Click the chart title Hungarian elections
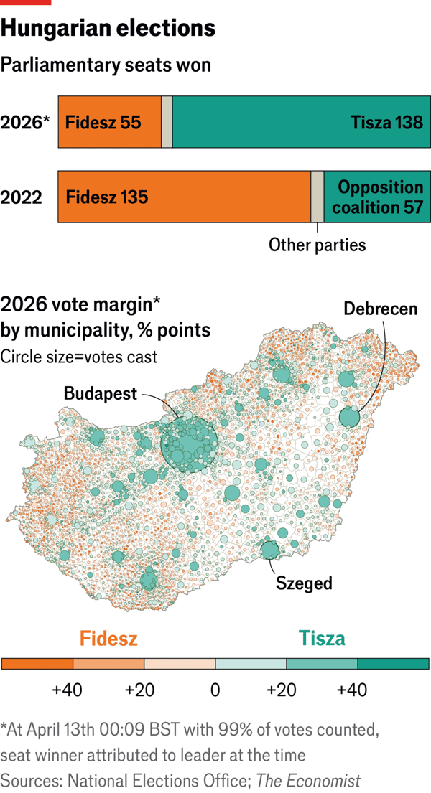108,28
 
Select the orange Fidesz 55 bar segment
109,122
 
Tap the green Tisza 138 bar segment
301,122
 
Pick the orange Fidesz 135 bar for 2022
184,196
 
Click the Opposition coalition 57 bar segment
377,196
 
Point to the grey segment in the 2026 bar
167,122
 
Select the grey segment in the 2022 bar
317,196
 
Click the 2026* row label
26,122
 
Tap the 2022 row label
22,197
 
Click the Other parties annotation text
317,245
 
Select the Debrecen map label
380,309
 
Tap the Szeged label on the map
304,583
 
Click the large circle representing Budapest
189,445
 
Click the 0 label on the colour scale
215,690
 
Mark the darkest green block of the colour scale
394,664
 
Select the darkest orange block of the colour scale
37,664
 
